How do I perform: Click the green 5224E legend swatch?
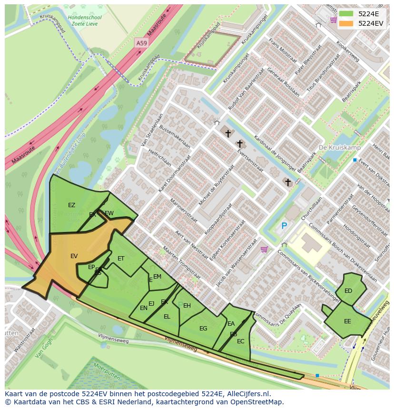tap(346, 14)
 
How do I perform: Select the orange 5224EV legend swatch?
tap(346, 23)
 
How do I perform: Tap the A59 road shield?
tap(141, 43)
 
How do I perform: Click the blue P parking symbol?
tap(284, 226)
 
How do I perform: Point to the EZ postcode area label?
tap(71, 205)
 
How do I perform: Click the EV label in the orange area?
tap(74, 256)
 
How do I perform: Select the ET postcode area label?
tap(121, 259)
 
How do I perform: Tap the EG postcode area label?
tap(203, 329)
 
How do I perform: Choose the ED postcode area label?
tap(348, 291)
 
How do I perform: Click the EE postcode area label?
tap(347, 321)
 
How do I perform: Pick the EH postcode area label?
tap(187, 306)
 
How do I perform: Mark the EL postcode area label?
tap(167, 317)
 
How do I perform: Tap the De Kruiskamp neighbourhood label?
tap(340, 148)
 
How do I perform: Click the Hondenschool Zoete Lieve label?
tap(85, 20)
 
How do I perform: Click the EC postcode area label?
tap(240, 341)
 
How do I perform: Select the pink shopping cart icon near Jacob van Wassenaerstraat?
tap(264, 249)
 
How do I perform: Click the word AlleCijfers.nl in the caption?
tap(247, 394)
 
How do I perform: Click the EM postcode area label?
tap(157, 277)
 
